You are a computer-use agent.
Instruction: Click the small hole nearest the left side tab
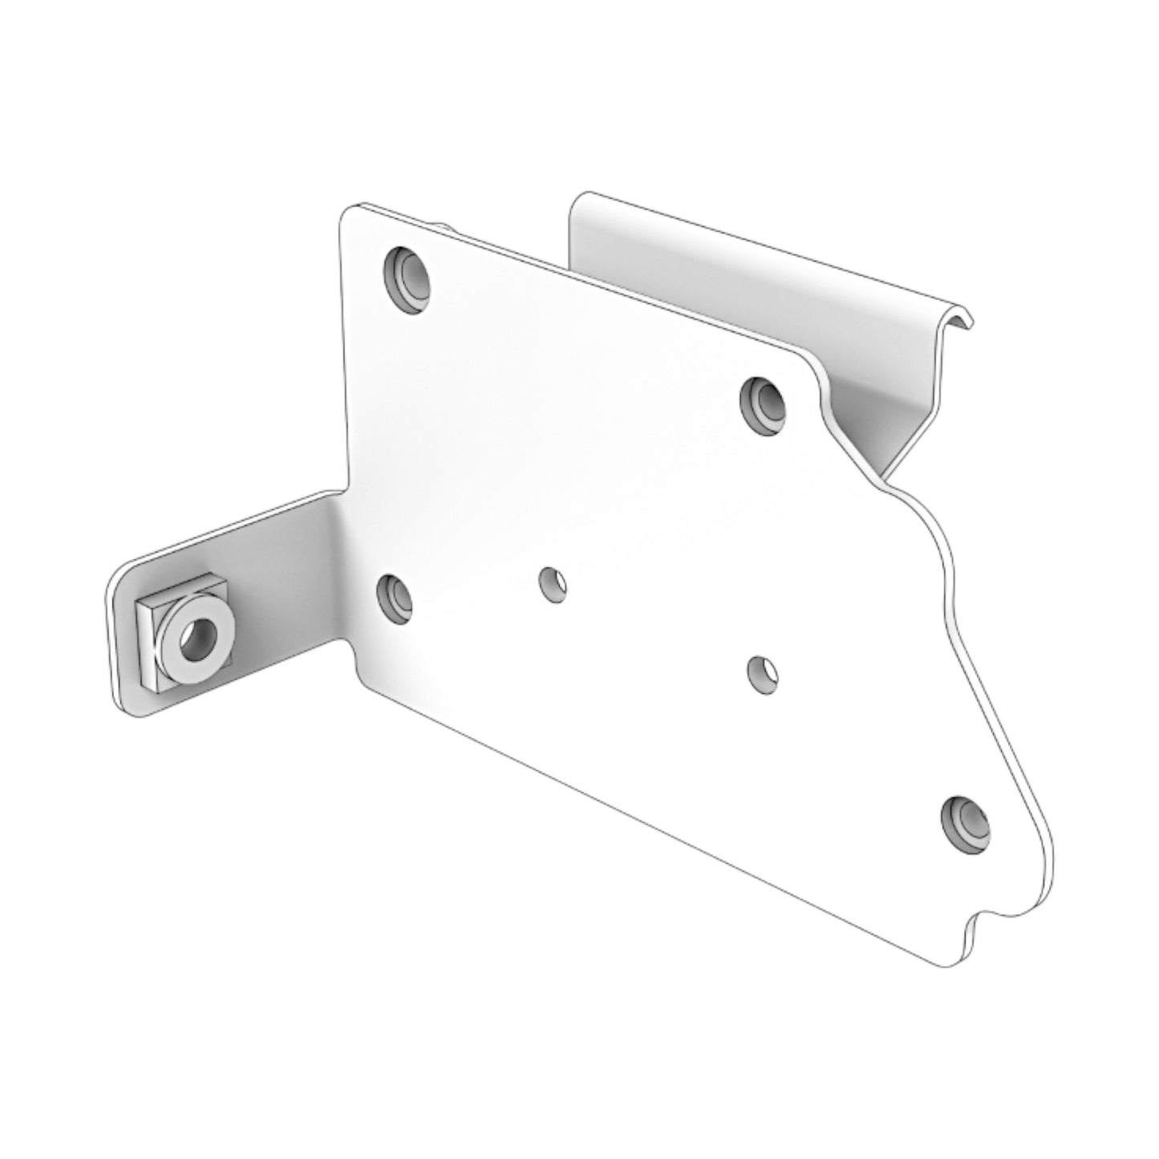553,583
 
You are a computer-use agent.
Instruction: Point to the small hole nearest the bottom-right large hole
761,672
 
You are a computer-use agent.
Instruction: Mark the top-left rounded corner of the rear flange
577,201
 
